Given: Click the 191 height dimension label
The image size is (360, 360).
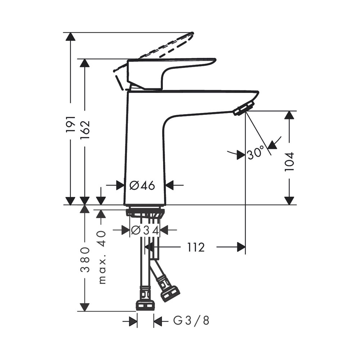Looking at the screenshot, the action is click(71, 124).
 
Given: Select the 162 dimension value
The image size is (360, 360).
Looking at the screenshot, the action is click(85, 130).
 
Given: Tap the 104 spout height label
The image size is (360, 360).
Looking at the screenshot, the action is click(289, 161).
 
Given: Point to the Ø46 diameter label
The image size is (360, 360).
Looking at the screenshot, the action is click(142, 185).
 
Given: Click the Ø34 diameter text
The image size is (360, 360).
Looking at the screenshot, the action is click(145, 230).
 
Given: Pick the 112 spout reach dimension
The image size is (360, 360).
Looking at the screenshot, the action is click(195, 247).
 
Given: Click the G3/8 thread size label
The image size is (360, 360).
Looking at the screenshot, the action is click(191, 320).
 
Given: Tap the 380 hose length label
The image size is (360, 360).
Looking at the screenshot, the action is click(85, 260).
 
